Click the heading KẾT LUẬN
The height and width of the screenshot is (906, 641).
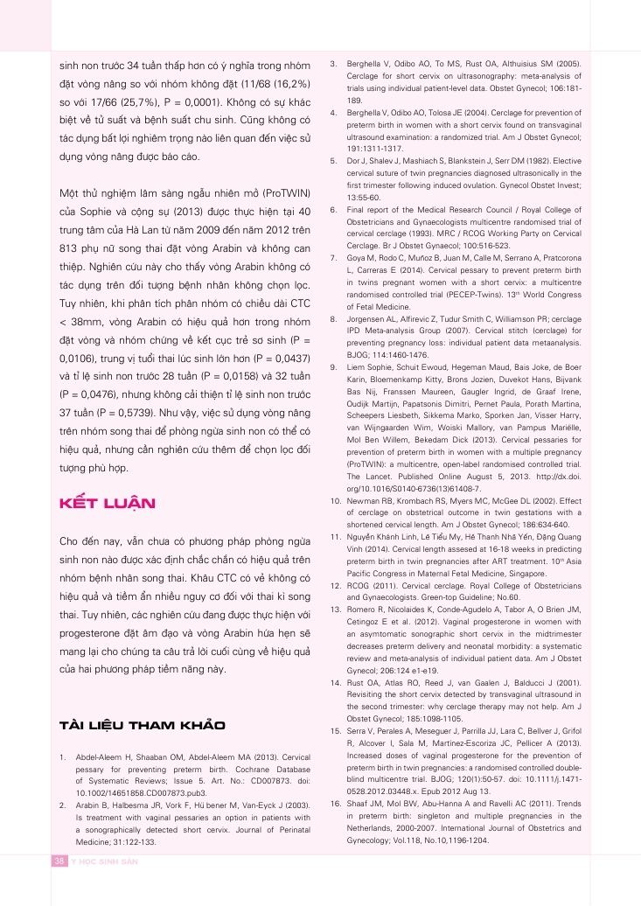click(106, 503)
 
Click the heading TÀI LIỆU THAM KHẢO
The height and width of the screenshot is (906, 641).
click(142, 726)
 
